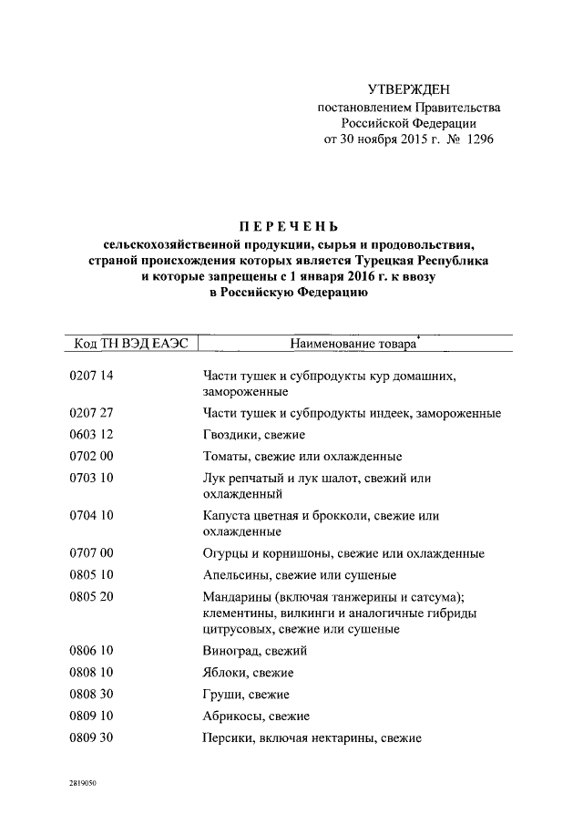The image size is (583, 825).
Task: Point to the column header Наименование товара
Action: (353, 345)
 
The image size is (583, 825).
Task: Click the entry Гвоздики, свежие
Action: (254, 435)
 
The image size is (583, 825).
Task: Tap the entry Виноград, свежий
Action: (255, 651)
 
